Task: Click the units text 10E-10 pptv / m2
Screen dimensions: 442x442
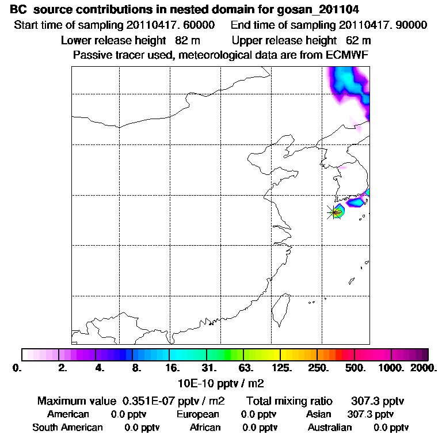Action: coord(223,382)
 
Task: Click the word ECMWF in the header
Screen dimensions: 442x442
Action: coord(348,55)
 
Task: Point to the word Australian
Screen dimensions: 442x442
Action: coord(330,428)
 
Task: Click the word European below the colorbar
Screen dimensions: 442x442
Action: coord(197,414)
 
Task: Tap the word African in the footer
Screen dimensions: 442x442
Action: coord(205,428)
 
